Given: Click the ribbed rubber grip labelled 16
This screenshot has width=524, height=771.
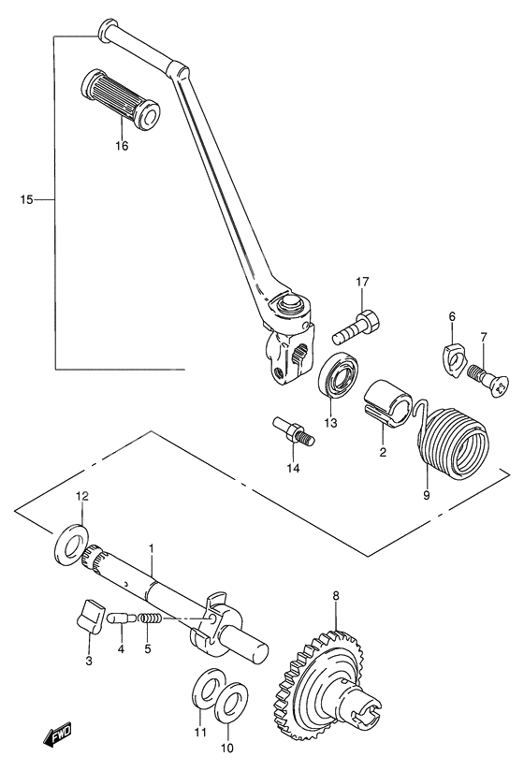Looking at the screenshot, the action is pyautogui.click(x=120, y=100).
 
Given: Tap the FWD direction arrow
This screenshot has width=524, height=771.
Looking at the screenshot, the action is pyautogui.click(x=57, y=734).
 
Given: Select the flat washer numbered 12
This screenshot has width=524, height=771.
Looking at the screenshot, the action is pyautogui.click(x=69, y=546).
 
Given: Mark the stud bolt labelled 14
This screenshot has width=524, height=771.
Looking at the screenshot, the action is pyautogui.click(x=294, y=430).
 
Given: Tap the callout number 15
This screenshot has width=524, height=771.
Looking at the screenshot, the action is pyautogui.click(x=26, y=199).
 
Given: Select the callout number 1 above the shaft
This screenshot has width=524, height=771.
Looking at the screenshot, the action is pyautogui.click(x=152, y=547).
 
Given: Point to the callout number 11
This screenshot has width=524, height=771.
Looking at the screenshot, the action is pyautogui.click(x=199, y=733).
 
